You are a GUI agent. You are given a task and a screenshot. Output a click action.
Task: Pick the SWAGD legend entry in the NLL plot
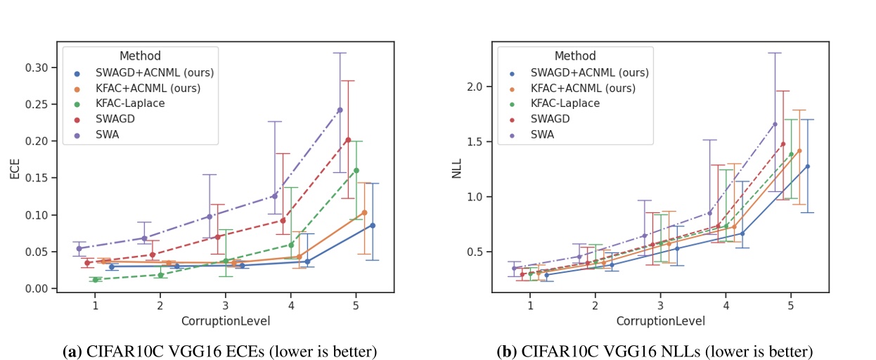click(x=550, y=119)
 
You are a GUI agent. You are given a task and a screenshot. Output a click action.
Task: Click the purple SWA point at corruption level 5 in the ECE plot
click(x=340, y=110)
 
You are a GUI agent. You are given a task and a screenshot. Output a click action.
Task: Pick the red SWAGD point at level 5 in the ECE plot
click(x=348, y=140)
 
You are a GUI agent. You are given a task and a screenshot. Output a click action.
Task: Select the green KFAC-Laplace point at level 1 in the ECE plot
click(x=95, y=280)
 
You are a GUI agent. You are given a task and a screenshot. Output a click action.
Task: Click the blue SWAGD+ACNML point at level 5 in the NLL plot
click(x=808, y=167)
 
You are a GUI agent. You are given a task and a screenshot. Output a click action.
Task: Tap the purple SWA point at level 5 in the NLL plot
click(x=775, y=124)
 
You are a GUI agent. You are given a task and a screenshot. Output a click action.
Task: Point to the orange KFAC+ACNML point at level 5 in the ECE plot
click(x=364, y=212)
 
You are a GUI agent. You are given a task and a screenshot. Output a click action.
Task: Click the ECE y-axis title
click(x=13, y=170)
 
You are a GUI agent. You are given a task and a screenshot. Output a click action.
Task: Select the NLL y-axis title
click(x=456, y=170)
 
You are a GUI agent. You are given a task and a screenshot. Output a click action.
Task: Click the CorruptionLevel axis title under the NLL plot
click(x=660, y=321)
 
